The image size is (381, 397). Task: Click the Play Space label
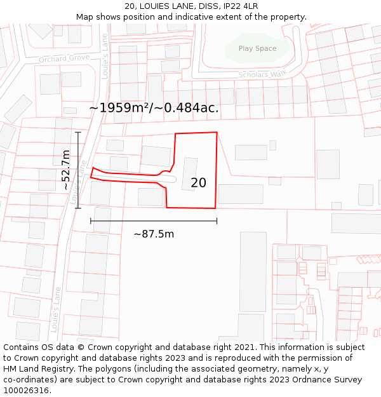[257, 48]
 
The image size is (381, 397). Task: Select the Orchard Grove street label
[63, 59]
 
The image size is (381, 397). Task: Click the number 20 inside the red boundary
[198, 183]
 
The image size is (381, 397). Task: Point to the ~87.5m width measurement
[154, 234]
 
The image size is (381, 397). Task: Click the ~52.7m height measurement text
[65, 170]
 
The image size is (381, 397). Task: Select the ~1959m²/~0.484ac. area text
[154, 108]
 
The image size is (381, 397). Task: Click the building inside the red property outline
[189, 174]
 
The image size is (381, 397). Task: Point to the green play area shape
[257, 49]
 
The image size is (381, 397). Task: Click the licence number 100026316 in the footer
[27, 391]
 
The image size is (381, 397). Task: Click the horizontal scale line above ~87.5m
[154, 221]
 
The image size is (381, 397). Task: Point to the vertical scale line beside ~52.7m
[78, 170]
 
